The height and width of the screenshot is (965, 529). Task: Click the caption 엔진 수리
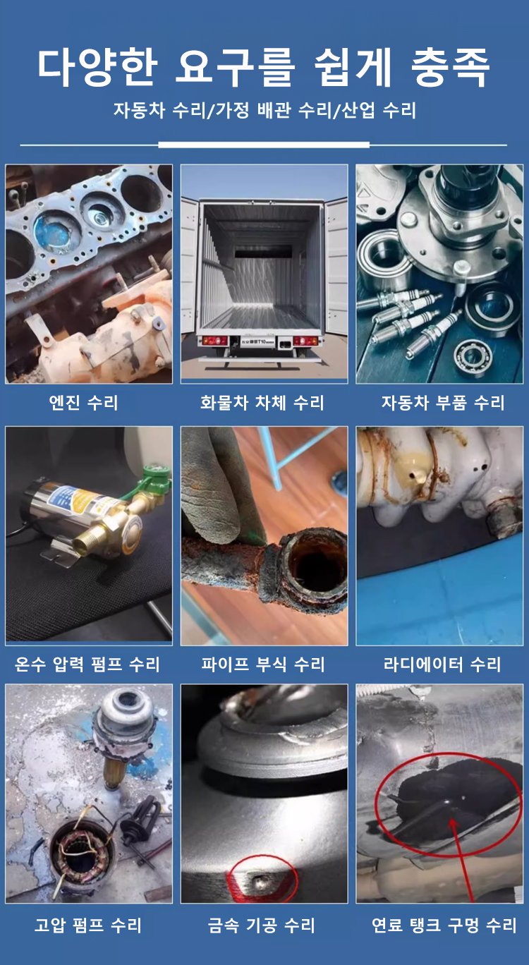coord(83,403)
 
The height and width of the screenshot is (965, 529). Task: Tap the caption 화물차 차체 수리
coord(262,403)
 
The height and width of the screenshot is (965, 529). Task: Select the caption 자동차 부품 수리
coord(443,403)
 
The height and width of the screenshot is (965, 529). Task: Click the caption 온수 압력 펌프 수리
coord(87,664)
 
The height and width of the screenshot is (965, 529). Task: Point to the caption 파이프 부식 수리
coord(263,664)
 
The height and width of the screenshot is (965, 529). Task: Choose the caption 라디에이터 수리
coord(442,664)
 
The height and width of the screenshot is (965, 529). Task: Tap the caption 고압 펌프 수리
coord(88,925)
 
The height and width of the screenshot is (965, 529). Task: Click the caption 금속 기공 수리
coord(262,925)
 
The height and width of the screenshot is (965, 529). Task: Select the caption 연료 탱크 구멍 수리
coord(444,925)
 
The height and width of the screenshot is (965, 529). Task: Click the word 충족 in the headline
coord(450,66)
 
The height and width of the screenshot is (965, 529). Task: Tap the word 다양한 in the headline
coord(97,66)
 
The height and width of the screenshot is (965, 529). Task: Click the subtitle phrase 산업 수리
coord(378,110)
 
